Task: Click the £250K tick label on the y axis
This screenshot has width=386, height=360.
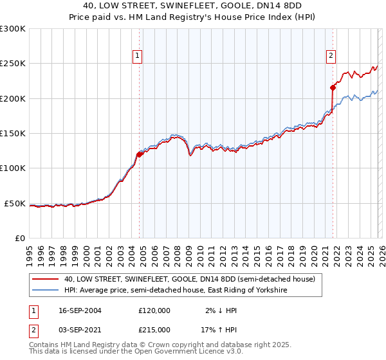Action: [x=13, y=64]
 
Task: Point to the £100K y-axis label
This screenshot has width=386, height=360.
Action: [x=13, y=168]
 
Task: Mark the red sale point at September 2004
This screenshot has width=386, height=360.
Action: [x=139, y=154]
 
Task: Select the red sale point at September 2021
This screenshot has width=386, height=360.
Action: [x=333, y=87]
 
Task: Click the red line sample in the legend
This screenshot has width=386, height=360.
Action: [x=46, y=280]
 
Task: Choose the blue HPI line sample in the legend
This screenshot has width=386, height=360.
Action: [x=46, y=291]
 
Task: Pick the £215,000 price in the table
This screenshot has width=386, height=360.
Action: [x=154, y=329]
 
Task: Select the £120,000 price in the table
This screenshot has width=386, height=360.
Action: [x=154, y=310]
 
